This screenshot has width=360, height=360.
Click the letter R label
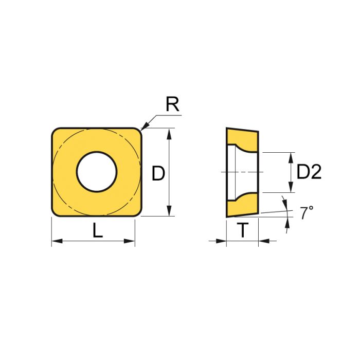click(x=172, y=105)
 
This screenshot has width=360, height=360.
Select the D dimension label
click(x=158, y=174)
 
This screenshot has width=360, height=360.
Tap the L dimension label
click(x=97, y=232)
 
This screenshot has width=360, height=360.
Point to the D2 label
click(x=309, y=172)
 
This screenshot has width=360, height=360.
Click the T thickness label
click(x=242, y=232)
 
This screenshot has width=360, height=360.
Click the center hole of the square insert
click(x=97, y=172)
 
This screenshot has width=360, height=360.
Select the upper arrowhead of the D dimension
click(x=169, y=133)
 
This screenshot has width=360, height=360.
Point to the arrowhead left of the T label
click(x=222, y=241)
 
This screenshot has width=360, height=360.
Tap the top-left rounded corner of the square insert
click(x=56, y=132)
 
